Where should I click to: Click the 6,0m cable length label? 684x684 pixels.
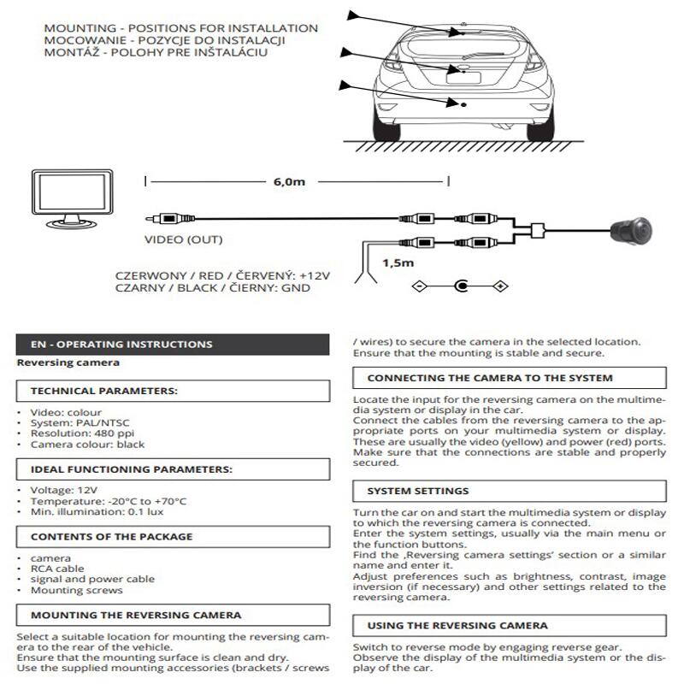pos(289,181)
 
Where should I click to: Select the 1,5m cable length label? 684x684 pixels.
pos(398,262)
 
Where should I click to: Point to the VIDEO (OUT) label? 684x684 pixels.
pos(183,239)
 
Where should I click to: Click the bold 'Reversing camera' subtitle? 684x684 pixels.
pos(68,363)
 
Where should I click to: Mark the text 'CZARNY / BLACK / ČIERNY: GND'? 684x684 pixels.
pos(212,289)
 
